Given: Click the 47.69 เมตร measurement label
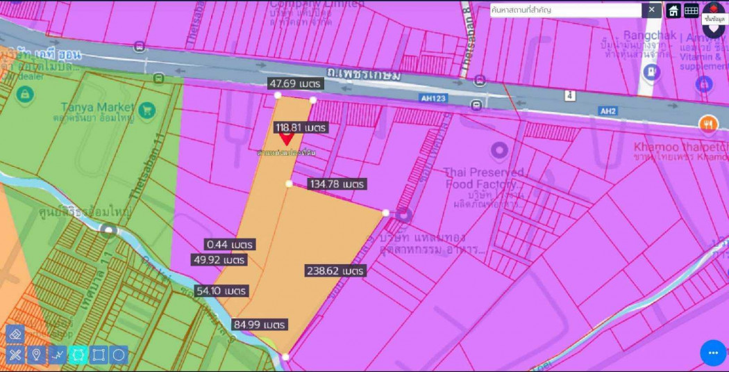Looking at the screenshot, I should coord(296,83).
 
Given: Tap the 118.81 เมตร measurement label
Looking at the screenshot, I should coord(301,128).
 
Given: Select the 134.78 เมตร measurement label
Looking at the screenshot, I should coord(337,184).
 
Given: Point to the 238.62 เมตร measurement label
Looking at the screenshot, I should coord(335,271).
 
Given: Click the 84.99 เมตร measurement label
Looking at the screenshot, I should coord(260,325).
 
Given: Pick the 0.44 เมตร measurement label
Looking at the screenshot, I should coord(230,245).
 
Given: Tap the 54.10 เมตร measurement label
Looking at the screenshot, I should coord(221,291).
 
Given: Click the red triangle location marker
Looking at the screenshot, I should coord(286,140).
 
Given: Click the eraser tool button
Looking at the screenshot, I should coord(15,334).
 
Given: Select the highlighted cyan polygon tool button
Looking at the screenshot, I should coord(78,355).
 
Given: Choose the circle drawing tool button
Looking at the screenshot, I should coord(119,355).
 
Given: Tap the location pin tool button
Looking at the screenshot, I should coord(36,355).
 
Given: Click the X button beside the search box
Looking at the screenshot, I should coord(651,10).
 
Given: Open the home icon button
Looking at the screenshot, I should coord(673,10).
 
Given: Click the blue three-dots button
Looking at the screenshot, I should coord(713,353).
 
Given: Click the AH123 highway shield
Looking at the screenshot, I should coord(433,99).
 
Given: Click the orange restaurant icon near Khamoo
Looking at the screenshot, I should coord(708,124).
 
